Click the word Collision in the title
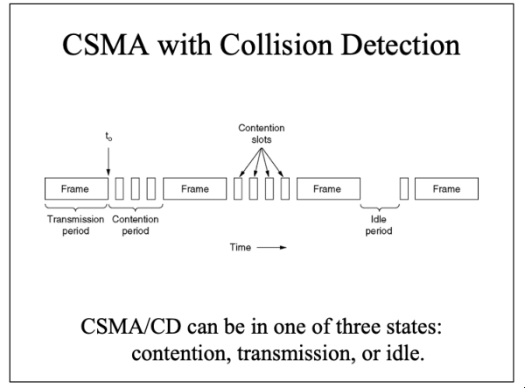(276, 44)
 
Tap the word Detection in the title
(401, 44)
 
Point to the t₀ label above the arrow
(108, 137)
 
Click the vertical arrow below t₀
(108, 161)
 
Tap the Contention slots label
(262, 134)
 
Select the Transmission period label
(75, 225)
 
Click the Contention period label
(136, 225)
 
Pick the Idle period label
(379, 225)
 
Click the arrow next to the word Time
(271, 248)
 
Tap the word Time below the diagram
(241, 247)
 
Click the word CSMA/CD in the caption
(131, 326)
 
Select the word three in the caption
(358, 326)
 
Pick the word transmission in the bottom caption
(296, 354)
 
